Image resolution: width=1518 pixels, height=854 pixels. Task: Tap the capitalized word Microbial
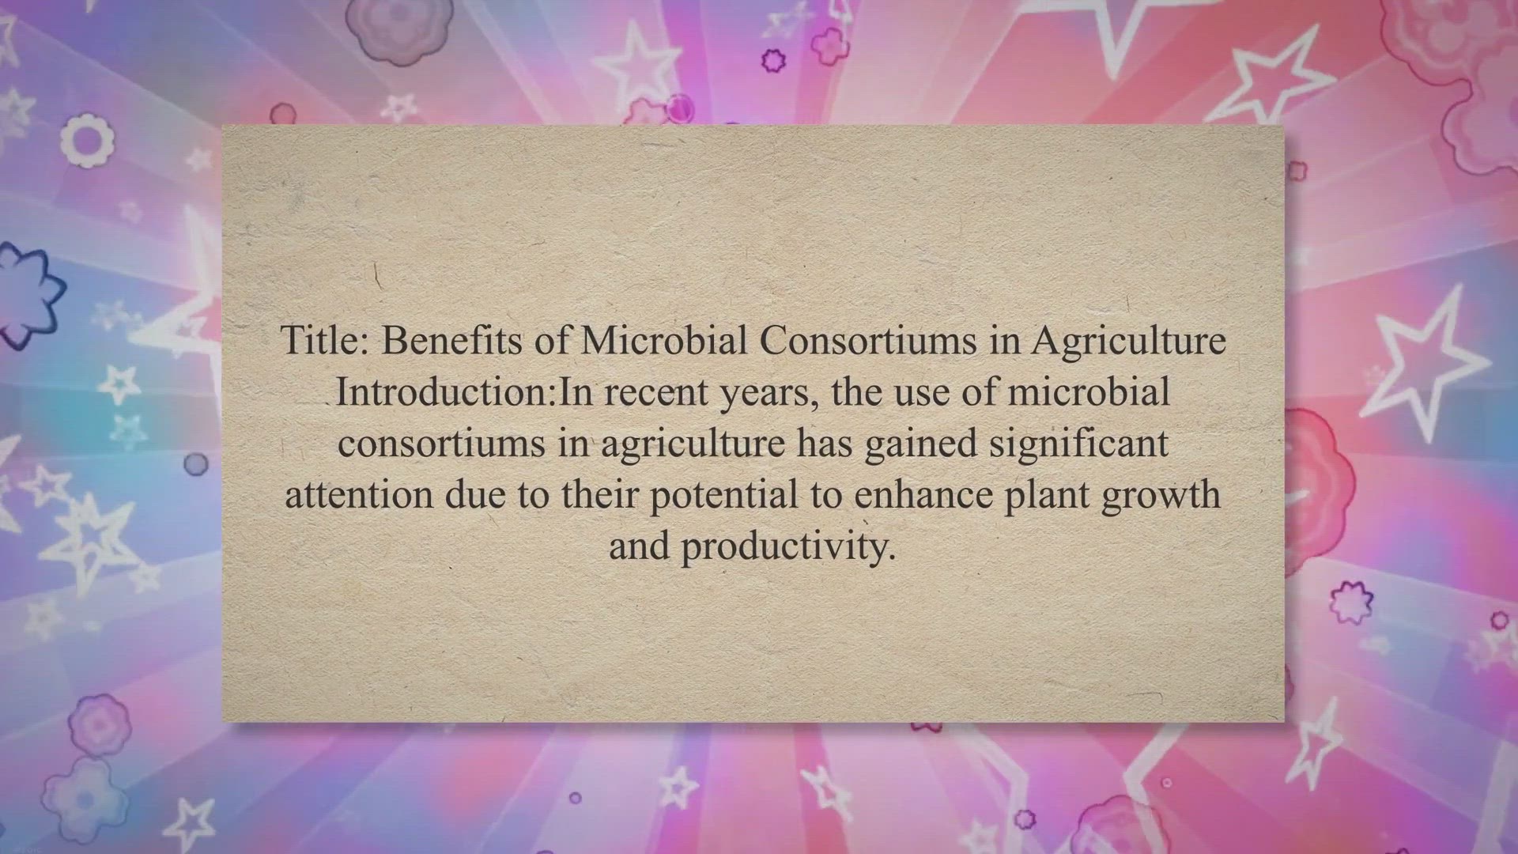pos(664,341)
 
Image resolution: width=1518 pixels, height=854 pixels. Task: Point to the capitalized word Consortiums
pos(868,341)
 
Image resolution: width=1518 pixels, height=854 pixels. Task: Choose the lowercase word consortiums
pos(442,444)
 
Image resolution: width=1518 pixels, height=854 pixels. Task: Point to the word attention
pos(359,495)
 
